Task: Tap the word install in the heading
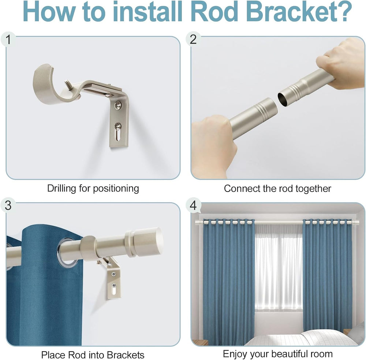(147, 11)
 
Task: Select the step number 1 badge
(8, 40)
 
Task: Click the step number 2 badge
(193, 39)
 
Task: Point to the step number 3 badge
(8, 206)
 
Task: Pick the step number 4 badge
(193, 205)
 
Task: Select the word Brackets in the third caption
(126, 355)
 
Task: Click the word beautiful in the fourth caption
(291, 354)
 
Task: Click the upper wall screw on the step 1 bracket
(118, 105)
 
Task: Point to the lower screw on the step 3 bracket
(114, 285)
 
